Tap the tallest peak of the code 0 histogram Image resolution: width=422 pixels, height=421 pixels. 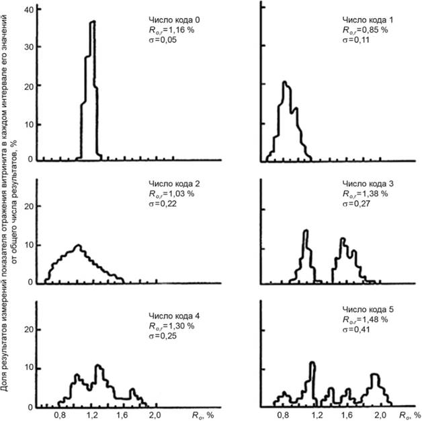[93, 21]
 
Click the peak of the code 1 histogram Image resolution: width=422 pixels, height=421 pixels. [285, 83]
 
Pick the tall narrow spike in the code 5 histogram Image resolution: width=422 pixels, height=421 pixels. [312, 363]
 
